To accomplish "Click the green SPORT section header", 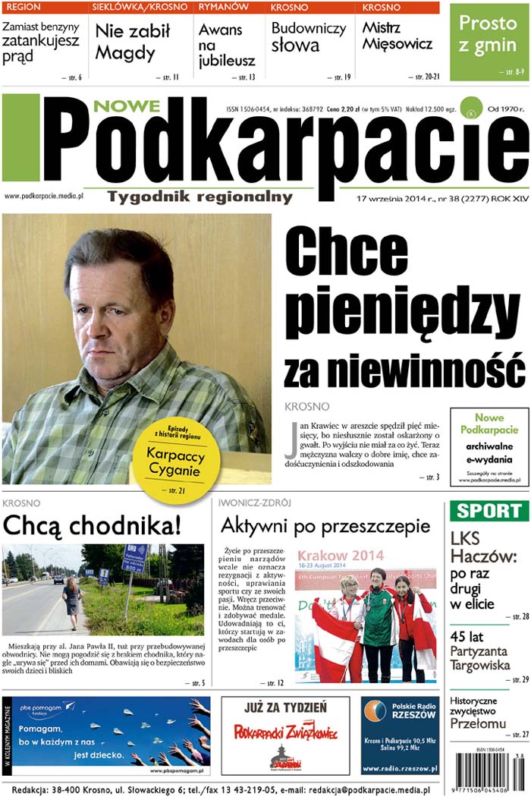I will coord(489,511).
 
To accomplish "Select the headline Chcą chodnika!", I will coord(93,525).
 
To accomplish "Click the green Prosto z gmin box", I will coord(488,41).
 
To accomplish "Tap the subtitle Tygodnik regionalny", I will coord(200,197).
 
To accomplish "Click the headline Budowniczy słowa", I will coord(308,36).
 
